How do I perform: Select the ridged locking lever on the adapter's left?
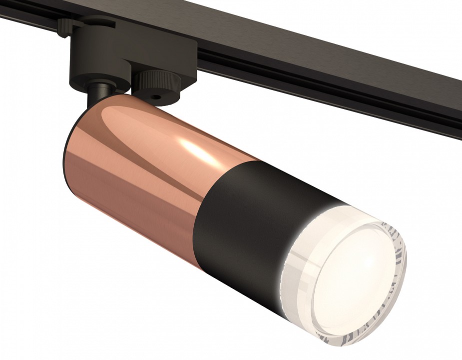tap(64, 27)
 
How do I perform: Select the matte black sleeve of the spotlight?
tap(250, 235)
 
